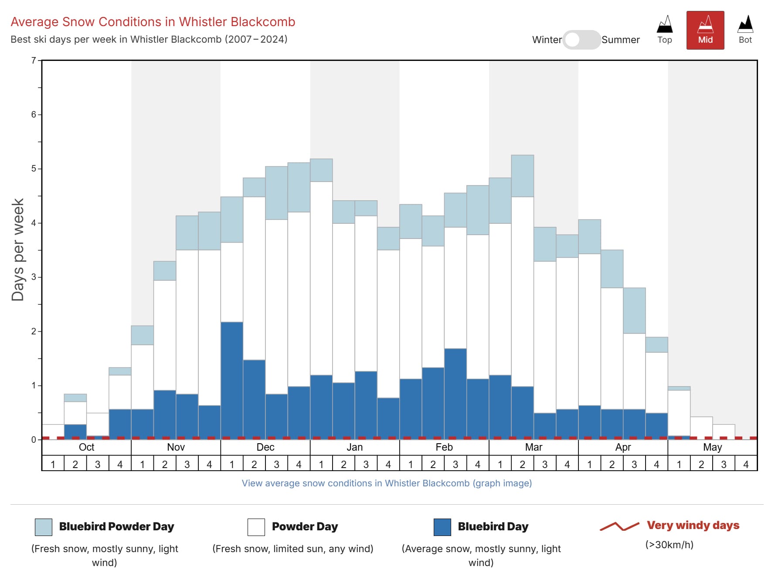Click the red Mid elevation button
[705, 30]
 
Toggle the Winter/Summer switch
[581, 40]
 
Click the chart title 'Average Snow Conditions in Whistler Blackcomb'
[153, 22]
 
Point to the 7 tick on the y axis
[34, 61]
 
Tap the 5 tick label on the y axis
[34, 169]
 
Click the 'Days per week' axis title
[18, 250]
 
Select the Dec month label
[265, 447]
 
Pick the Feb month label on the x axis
[444, 447]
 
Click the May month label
[712, 447]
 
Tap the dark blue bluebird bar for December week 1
[232, 381]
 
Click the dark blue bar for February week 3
[455, 394]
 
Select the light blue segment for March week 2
[522, 176]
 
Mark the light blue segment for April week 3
[634, 310]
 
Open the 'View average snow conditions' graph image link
[387, 483]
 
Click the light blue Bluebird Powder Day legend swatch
[44, 527]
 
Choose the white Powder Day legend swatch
[256, 527]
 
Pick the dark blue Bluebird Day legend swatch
[442, 527]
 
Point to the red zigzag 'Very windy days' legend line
[619, 526]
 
